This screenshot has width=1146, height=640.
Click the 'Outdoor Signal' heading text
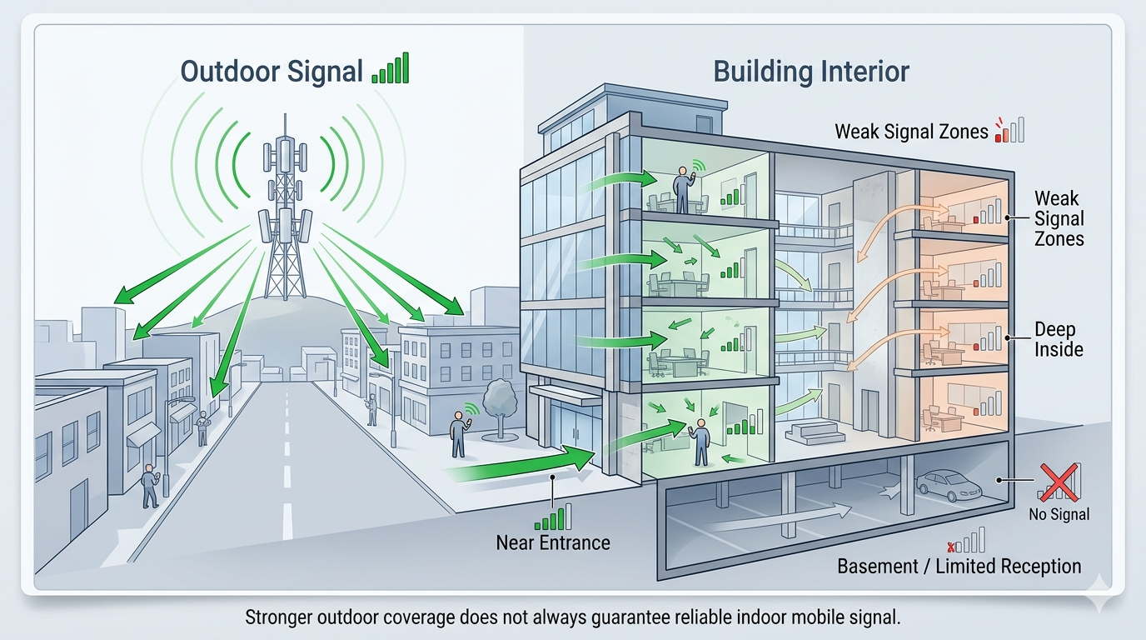click(272, 71)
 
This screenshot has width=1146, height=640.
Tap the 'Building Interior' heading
click(811, 71)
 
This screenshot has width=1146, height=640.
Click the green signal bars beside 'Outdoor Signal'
click(390, 68)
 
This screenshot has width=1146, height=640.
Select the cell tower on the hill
click(284, 217)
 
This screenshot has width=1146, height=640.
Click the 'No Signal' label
click(1059, 514)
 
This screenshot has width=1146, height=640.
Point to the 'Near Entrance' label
click(553, 542)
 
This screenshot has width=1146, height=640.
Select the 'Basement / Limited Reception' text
click(959, 567)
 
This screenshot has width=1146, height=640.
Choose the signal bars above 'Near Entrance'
click(553, 517)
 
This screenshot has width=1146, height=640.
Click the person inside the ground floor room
click(701, 442)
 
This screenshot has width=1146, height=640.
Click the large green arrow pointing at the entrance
click(525, 465)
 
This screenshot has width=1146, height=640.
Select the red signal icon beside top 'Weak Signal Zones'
click(1009, 130)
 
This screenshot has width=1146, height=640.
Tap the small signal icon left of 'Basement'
click(967, 541)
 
